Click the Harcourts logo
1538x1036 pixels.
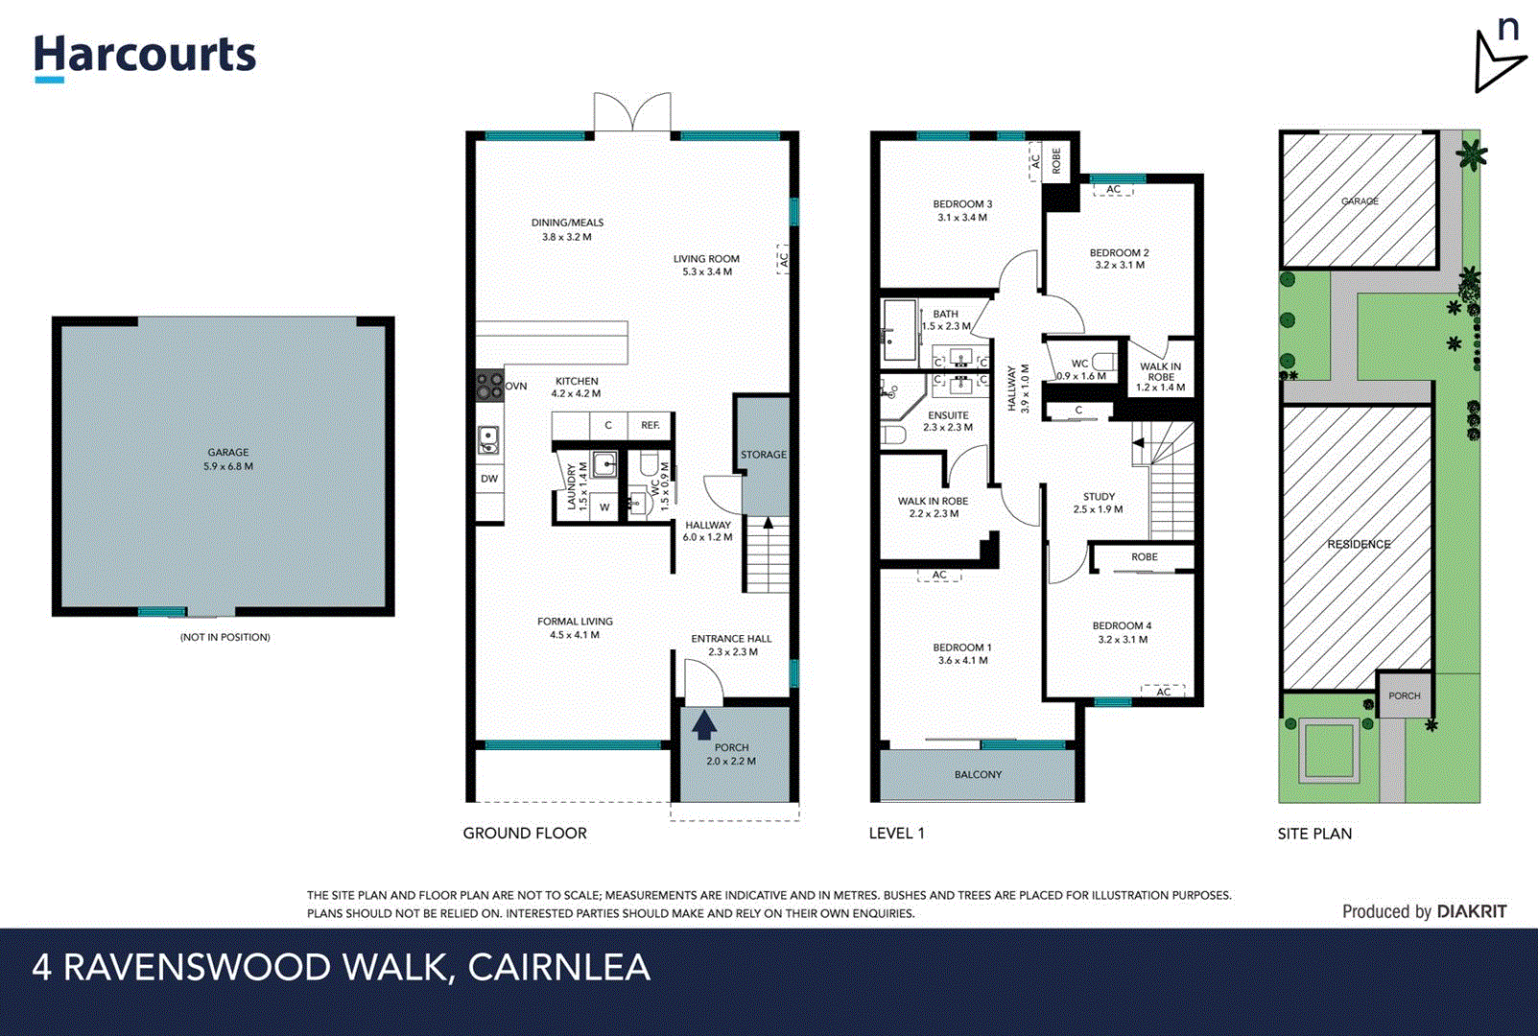[x=145, y=56]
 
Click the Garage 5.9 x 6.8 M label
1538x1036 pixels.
[x=228, y=459]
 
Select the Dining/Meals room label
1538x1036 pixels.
[x=567, y=229]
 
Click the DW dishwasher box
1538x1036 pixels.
[x=489, y=479]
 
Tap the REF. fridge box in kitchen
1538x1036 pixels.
[x=651, y=425]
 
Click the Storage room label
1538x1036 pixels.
[x=763, y=455]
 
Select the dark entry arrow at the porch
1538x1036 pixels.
[x=704, y=724]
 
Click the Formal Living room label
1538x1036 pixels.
[x=575, y=627]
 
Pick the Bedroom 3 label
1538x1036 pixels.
[x=962, y=210]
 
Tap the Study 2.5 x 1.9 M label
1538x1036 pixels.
[x=1099, y=503]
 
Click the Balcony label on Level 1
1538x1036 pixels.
[x=978, y=774]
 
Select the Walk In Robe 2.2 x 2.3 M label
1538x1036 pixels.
[x=934, y=506]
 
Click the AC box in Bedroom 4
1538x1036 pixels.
[x=1163, y=691]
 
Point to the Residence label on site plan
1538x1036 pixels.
[x=1359, y=544]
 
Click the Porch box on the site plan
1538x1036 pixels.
[x=1404, y=695]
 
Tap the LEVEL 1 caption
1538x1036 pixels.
[x=896, y=833]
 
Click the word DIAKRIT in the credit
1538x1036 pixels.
[x=1471, y=911]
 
